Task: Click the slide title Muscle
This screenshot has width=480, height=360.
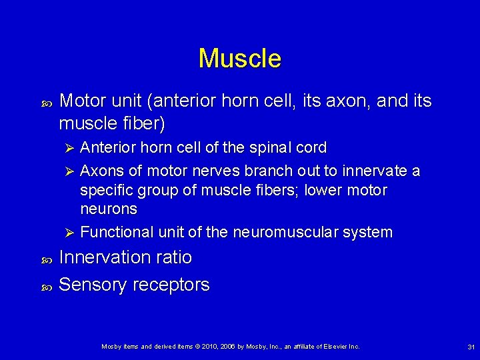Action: pyautogui.click(x=240, y=59)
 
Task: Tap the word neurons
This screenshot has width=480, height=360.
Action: pyautogui.click(x=109, y=209)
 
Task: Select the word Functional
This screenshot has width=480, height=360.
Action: pyautogui.click(x=117, y=233)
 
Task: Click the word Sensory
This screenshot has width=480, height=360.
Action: pyautogui.click(x=93, y=285)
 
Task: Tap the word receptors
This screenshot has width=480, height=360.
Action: pyautogui.click(x=171, y=285)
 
